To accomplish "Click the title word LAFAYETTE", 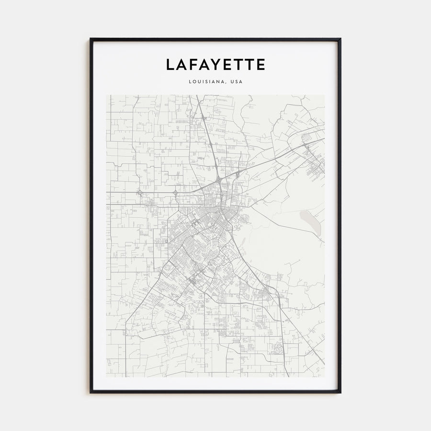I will [x=215, y=65].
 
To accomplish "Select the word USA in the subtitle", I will [x=237, y=81].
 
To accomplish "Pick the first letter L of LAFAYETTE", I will [x=170, y=65].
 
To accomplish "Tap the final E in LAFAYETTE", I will [x=260, y=65].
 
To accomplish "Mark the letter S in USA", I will [x=237, y=81].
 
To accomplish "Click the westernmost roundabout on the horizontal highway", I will [x=139, y=193].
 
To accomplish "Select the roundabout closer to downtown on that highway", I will [x=175, y=193].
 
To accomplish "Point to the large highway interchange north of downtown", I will [x=218, y=180].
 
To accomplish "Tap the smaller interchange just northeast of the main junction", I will [x=237, y=174].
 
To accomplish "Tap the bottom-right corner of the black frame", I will [x=340, y=392].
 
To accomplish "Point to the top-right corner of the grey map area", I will [x=324, y=95].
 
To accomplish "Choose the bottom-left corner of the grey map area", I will [x=106, y=377].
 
